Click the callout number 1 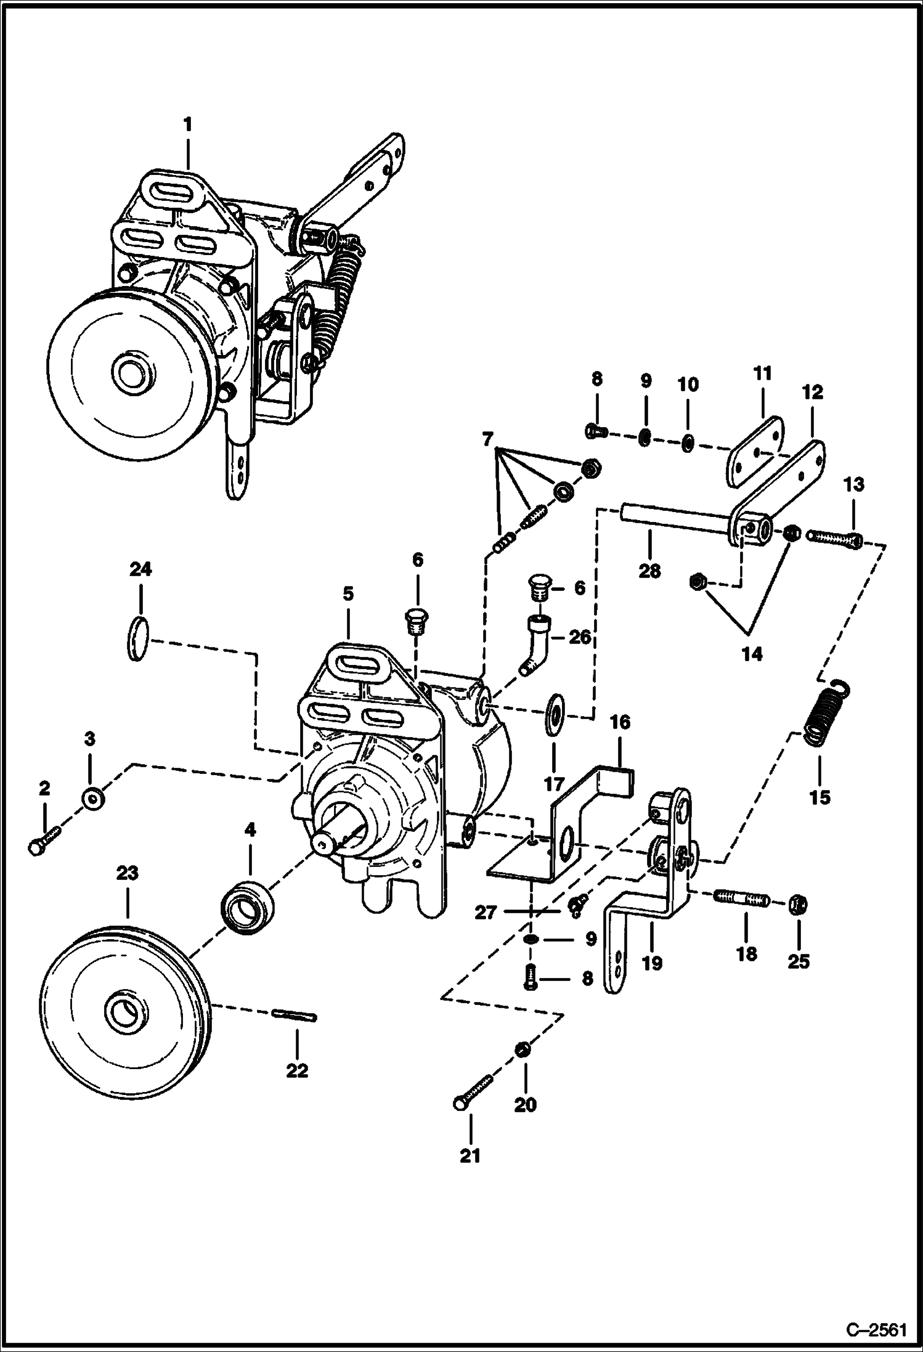[x=187, y=125]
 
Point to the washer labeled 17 [x=554, y=712]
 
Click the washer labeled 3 [x=92, y=799]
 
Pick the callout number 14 [x=751, y=654]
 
